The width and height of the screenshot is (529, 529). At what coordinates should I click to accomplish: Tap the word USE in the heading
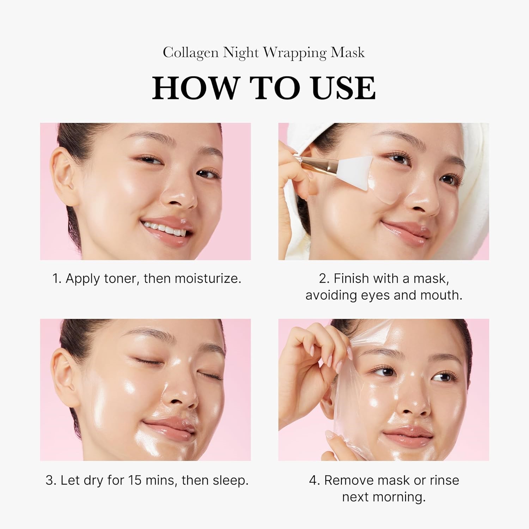pyautogui.click(x=343, y=88)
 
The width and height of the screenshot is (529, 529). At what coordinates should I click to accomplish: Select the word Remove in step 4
pyautogui.click(x=349, y=480)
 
